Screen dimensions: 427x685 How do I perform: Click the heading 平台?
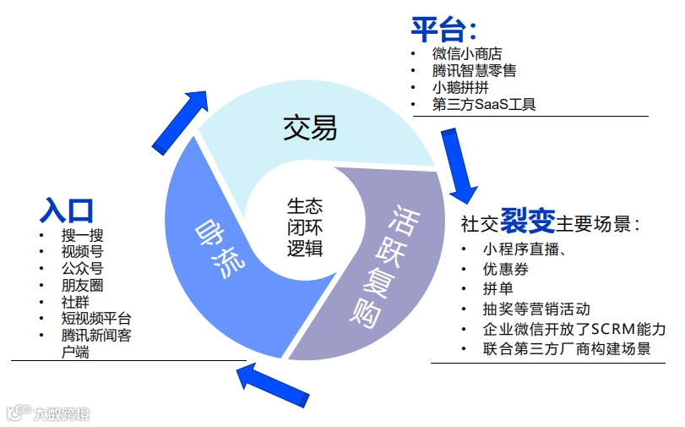438,30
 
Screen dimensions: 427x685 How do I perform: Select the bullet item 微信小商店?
466,54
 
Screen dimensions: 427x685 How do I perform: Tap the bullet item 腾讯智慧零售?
474,71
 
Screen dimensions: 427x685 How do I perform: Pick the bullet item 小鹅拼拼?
460,88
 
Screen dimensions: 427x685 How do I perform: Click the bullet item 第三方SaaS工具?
483,105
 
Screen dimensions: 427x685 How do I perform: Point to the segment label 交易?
309,128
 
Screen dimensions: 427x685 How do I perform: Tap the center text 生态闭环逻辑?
305,227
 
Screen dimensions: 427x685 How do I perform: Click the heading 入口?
67,210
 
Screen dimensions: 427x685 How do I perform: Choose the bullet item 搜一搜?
82,235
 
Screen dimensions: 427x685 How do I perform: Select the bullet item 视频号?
82,252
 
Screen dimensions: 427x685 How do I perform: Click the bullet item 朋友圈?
82,285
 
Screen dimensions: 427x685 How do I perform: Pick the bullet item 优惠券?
506,269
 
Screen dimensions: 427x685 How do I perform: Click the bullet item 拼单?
499,288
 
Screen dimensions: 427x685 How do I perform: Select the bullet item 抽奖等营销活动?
536,309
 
